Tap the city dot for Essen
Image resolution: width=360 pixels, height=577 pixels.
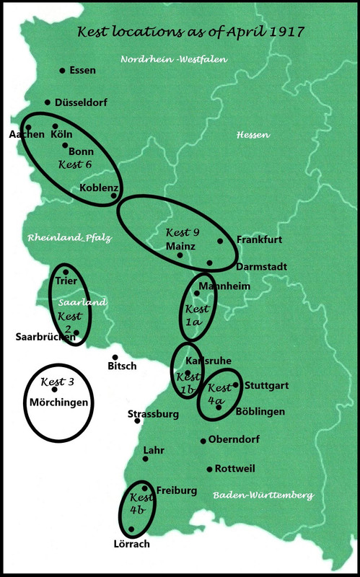click(x=62, y=71)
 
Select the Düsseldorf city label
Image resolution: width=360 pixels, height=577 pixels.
click(x=81, y=103)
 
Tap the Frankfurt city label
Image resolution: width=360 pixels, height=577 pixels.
click(x=258, y=239)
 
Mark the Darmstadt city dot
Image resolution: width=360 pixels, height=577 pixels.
click(x=209, y=263)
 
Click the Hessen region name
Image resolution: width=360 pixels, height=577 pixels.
click(x=253, y=135)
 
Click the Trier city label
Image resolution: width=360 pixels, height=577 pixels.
click(x=66, y=281)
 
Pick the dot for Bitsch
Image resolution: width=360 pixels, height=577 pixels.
click(x=113, y=357)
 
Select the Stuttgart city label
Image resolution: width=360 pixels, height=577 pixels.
click(x=266, y=386)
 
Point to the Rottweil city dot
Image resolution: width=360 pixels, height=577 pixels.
click(x=209, y=469)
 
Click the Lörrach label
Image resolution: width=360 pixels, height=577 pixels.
click(x=131, y=544)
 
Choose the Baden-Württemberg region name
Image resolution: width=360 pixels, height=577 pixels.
click(x=263, y=495)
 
